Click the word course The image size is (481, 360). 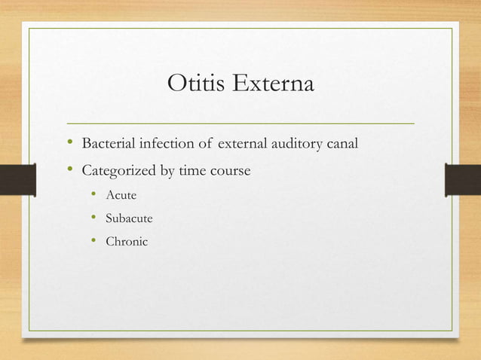[x=229, y=170]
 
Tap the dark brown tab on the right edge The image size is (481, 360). [x=463, y=181]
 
